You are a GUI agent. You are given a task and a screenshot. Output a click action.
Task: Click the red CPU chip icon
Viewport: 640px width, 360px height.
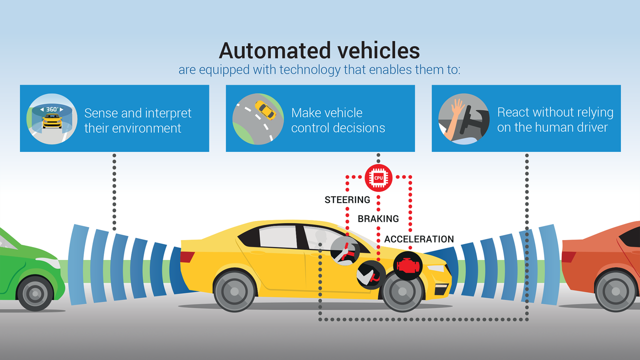coord(378,177)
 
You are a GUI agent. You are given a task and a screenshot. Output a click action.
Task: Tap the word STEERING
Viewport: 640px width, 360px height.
coord(347,200)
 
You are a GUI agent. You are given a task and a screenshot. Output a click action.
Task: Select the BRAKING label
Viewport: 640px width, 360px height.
coord(378,218)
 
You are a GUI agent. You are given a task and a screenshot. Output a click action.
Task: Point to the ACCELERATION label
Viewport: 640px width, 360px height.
coord(419,239)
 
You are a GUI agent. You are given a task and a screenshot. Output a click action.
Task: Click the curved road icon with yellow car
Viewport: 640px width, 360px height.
coord(257,118)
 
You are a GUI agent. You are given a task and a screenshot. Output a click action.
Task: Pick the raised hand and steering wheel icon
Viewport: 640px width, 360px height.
coord(463,118)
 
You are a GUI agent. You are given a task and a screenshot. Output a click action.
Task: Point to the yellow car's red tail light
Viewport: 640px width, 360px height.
coord(187,257)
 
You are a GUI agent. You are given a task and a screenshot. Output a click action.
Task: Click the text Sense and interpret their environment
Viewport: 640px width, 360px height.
coord(137,120)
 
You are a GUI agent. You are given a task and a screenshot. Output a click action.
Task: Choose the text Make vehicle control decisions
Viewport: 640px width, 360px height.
coord(338,120)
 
